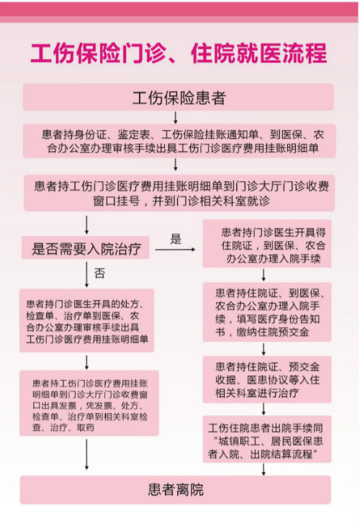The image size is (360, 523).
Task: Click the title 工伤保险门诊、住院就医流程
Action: [179, 53]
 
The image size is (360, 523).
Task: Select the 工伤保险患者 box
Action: [178, 97]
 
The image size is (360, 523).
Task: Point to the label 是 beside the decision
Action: [176, 238]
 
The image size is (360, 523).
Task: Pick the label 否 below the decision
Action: [100, 273]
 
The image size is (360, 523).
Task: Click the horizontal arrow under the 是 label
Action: [175, 250]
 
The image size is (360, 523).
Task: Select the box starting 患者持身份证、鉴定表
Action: [178, 142]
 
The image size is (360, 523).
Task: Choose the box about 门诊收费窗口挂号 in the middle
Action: [178, 192]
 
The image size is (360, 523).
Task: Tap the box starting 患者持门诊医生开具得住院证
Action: [266, 244]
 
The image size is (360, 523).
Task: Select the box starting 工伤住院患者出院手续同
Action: [266, 438]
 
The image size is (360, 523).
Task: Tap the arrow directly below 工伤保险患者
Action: [176, 117]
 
